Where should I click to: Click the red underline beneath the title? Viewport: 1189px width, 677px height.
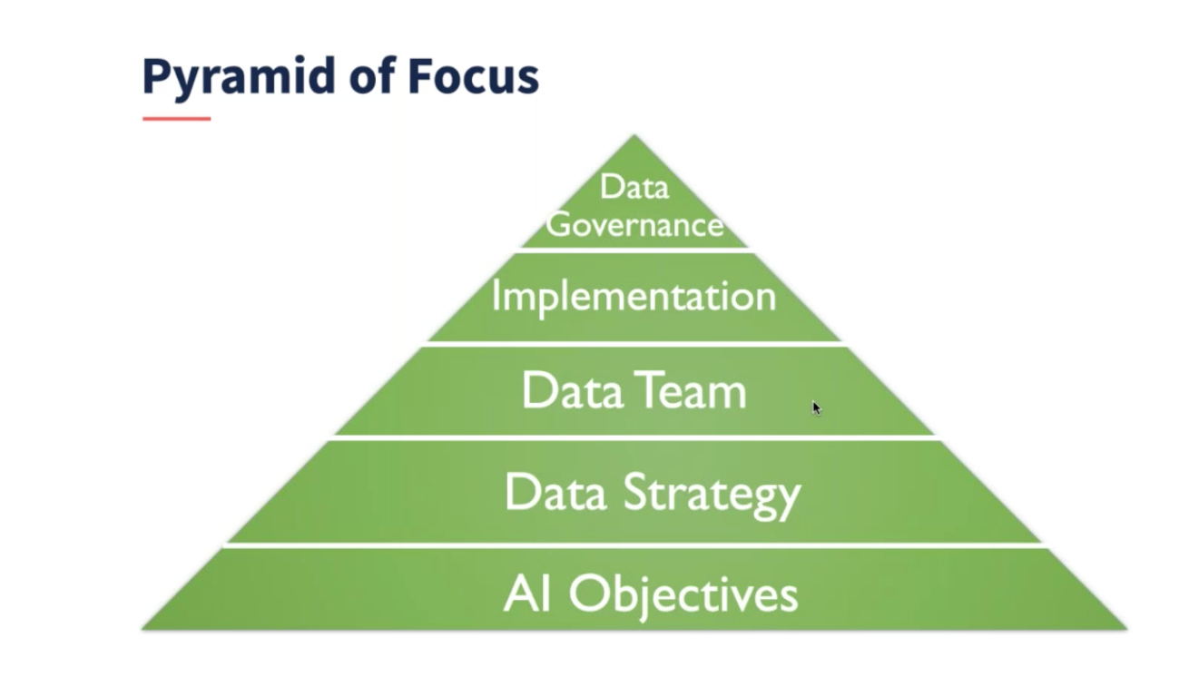tap(176, 118)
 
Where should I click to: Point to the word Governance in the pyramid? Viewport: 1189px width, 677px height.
tap(634, 224)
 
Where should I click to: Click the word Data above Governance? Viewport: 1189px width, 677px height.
tap(634, 187)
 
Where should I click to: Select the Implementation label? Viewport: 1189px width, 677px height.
tap(634, 297)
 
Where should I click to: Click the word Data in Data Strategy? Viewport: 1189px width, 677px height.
tap(556, 492)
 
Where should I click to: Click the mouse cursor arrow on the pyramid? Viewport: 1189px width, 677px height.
tap(815, 407)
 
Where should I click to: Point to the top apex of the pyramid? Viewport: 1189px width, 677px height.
tap(634, 137)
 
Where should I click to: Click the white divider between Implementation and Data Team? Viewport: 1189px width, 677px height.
tap(634, 343)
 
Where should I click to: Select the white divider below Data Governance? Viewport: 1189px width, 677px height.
tap(634, 249)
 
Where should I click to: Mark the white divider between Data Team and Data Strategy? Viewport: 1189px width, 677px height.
tap(634, 437)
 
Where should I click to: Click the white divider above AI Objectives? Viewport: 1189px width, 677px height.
tap(634, 545)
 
